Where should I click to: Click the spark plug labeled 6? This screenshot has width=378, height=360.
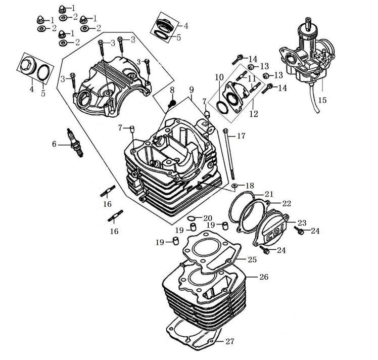click(75, 143)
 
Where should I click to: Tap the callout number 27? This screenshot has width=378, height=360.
click(230, 341)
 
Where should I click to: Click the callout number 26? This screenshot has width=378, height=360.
click(264, 277)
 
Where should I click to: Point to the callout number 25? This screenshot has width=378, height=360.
click(252, 259)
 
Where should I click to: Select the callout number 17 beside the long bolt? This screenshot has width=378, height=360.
click(241, 136)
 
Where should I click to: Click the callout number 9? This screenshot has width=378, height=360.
click(192, 90)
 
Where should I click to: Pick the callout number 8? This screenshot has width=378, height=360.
click(172, 90)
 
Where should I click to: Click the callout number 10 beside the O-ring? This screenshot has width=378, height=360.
click(219, 77)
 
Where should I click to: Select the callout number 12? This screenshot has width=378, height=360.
click(254, 114)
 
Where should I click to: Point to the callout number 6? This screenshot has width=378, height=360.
click(55, 144)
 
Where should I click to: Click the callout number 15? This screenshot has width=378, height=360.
click(322, 100)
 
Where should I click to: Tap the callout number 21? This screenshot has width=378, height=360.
click(268, 194)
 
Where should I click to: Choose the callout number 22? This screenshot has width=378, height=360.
click(287, 203)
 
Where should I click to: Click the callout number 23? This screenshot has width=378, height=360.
click(302, 222)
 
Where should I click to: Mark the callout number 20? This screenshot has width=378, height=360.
click(208, 218)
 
